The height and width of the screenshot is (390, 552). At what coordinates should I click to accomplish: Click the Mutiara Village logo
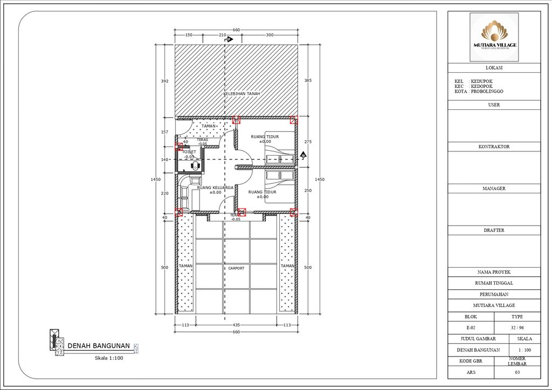[x=494, y=36]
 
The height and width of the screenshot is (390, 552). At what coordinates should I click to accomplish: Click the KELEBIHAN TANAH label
[x=242, y=94]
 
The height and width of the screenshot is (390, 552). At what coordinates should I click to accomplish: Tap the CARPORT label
[x=236, y=268]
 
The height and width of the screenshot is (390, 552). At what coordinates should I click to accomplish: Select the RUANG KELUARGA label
[x=215, y=188]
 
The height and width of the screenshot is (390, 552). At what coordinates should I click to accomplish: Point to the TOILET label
[x=189, y=152]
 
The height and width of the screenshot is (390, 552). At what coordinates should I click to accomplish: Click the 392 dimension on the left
[x=164, y=81]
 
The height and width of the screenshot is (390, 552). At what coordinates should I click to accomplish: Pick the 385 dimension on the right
[x=308, y=81]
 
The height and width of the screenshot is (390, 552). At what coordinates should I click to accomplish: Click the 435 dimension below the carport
[x=236, y=325]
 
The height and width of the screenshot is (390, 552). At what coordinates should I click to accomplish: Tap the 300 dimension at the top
[x=270, y=35]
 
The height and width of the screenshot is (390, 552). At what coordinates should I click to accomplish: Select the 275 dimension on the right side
[x=308, y=142]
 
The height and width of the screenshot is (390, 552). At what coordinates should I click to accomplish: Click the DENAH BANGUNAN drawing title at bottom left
[x=98, y=346]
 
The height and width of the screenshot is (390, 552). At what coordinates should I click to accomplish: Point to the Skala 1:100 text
[x=109, y=358]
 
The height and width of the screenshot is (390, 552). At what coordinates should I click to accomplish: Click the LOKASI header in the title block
[x=494, y=68]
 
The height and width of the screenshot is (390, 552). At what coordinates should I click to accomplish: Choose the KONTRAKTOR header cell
[x=494, y=147]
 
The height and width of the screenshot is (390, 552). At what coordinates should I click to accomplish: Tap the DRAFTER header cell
[x=494, y=230]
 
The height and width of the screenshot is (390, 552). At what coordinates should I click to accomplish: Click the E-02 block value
[x=471, y=328]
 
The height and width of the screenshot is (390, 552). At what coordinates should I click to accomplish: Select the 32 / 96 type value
[x=517, y=328]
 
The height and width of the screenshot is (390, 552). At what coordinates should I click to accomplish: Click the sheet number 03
[x=517, y=372]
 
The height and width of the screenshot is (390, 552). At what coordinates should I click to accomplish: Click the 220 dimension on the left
[x=164, y=193]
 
